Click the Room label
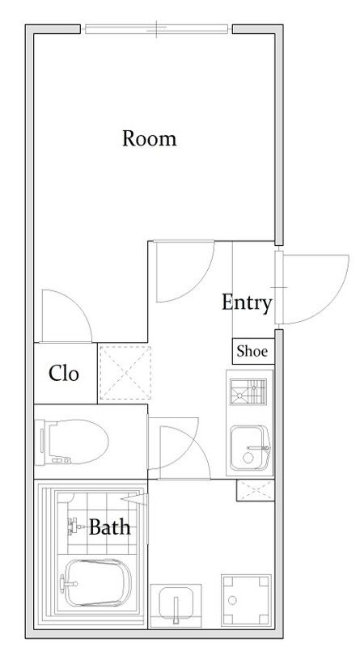click(150, 138)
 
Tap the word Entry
click(247, 302)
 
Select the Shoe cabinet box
click(253, 351)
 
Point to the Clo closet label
click(64, 374)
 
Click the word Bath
click(110, 527)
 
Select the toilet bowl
click(72, 442)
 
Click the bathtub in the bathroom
click(98, 582)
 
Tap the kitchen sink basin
click(250, 448)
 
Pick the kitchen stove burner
click(248, 391)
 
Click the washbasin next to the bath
click(176, 605)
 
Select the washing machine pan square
click(246, 599)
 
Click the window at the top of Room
click(156, 29)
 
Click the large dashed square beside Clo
click(125, 373)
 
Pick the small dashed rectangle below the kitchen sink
click(256, 490)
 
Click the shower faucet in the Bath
click(74, 526)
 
